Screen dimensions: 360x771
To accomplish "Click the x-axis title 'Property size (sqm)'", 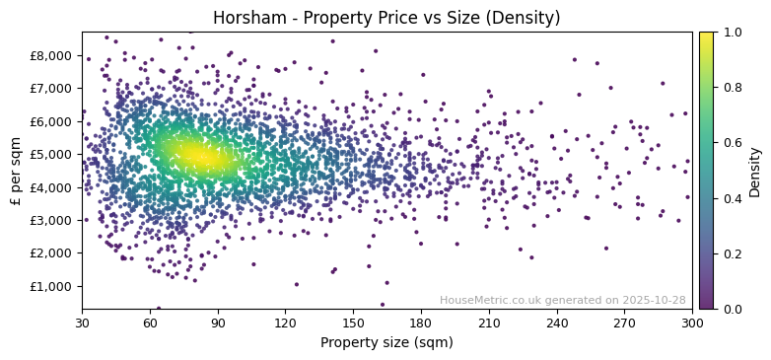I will [x=386, y=343].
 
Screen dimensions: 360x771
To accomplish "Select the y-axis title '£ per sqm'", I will [x=16, y=171].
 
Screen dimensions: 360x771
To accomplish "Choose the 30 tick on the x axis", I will [x=82, y=323].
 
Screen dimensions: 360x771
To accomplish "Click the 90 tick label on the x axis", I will [x=218, y=323].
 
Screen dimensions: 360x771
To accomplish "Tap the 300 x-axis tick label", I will [x=692, y=323].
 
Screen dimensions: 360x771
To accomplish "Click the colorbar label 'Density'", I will [x=755, y=171].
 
